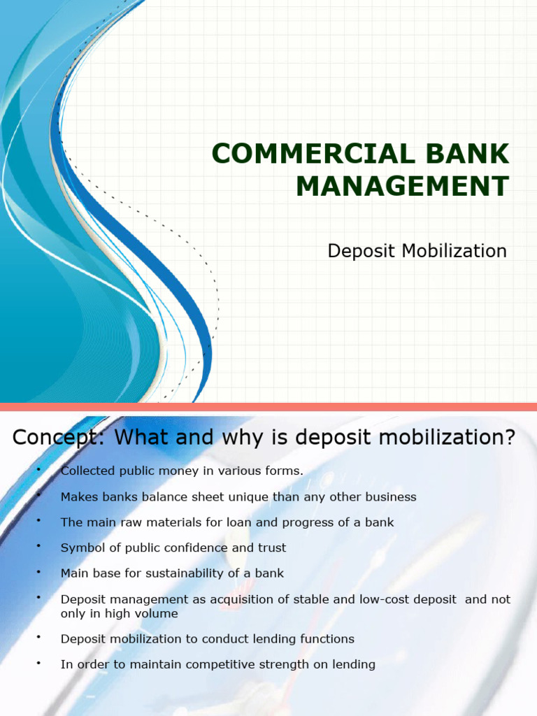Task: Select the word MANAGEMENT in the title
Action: pyautogui.click(x=402, y=187)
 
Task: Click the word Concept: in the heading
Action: pyautogui.click(x=59, y=438)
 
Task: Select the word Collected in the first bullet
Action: pyautogui.click(x=87, y=471)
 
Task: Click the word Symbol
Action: pyautogui.click(x=81, y=547)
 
